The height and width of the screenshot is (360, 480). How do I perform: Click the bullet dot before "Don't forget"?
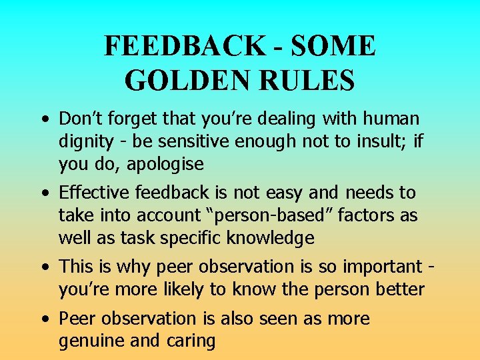43,120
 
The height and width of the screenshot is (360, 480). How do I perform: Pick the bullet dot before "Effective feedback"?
43,194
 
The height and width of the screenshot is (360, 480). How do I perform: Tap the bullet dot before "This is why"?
43,268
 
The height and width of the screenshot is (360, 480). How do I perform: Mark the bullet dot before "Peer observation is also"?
43,320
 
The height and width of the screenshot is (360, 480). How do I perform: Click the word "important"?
369,267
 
